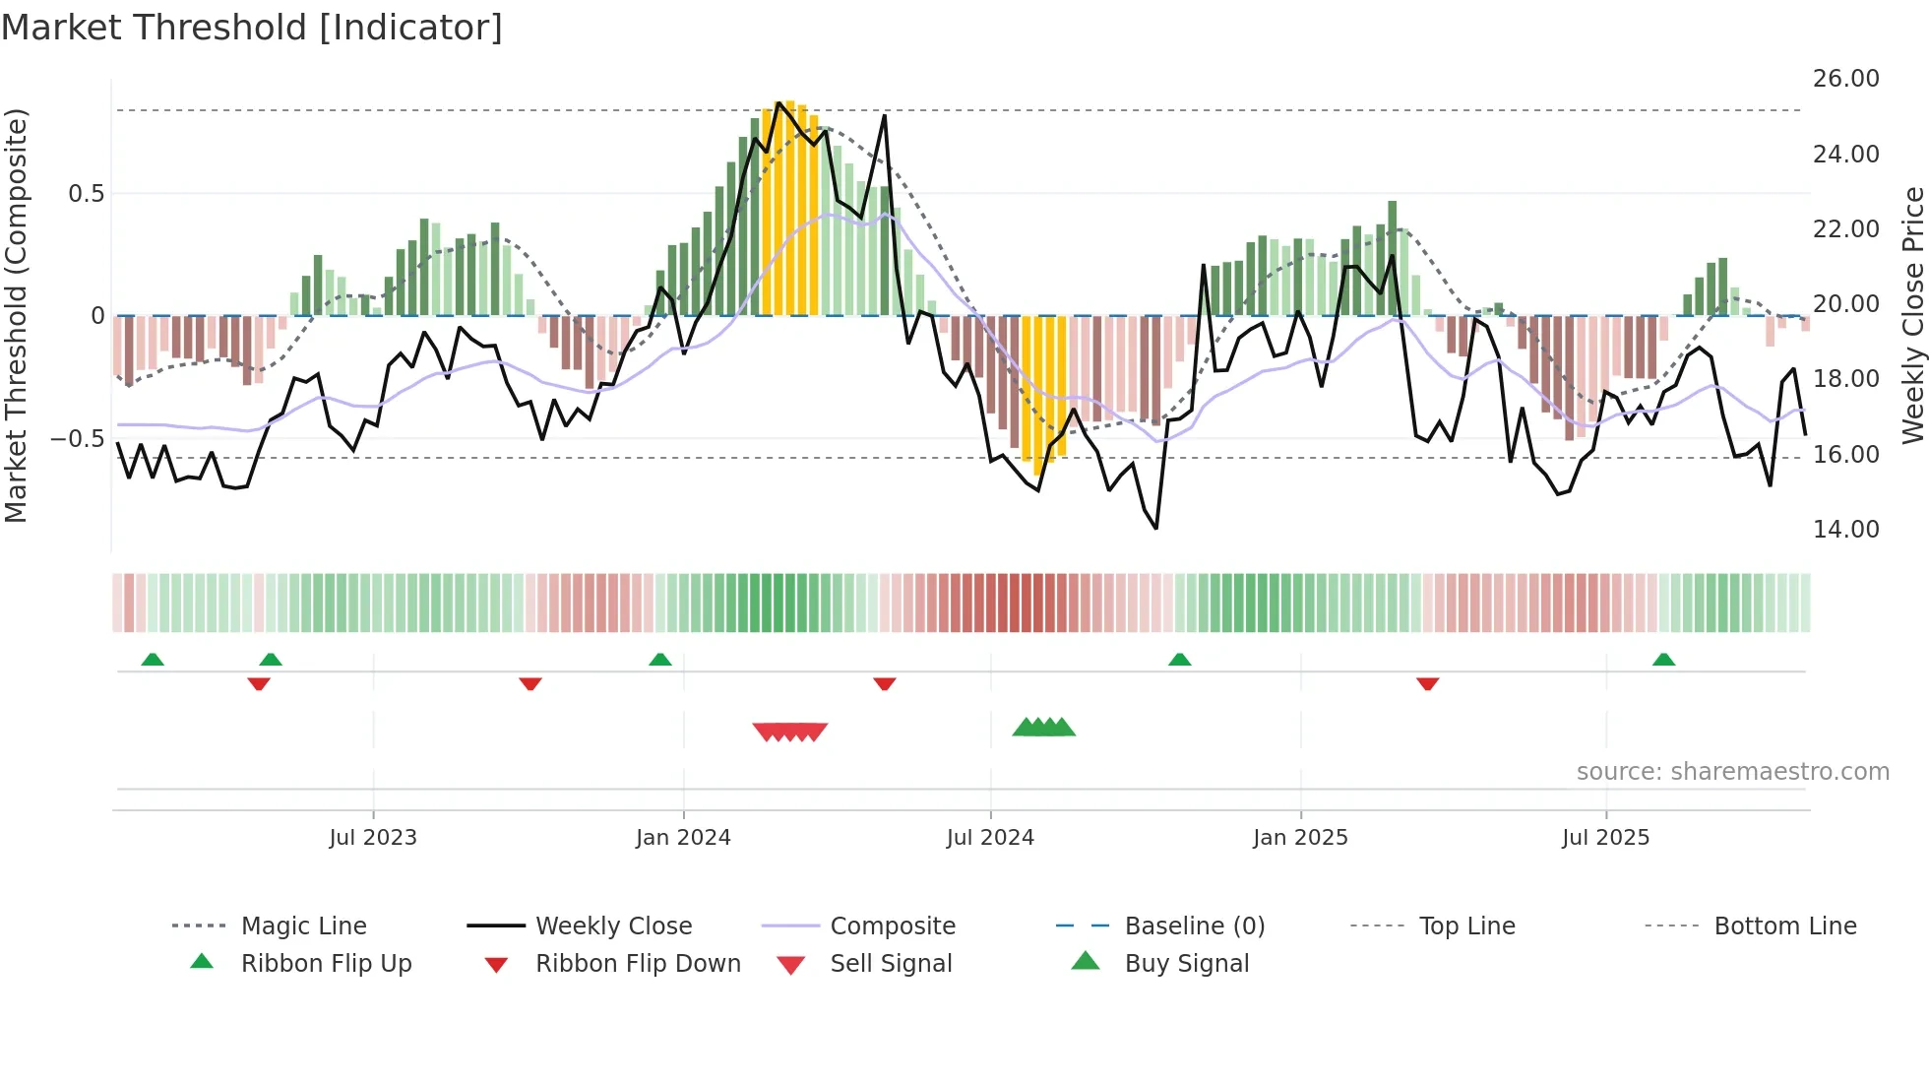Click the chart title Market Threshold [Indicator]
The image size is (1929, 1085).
click(252, 28)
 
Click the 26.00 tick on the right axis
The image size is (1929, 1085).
click(1845, 79)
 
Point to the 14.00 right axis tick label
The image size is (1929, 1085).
click(1845, 530)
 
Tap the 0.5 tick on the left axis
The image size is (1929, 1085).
click(86, 194)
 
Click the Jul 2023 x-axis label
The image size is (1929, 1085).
click(373, 838)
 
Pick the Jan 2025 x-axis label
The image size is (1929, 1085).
click(1300, 838)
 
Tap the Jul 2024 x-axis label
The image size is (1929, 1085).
click(990, 838)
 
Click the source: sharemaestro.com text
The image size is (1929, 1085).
click(1732, 772)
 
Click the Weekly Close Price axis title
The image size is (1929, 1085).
click(1912, 315)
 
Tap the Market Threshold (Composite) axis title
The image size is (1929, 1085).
click(16, 315)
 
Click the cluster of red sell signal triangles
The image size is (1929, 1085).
click(789, 732)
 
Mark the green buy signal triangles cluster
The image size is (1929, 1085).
click(1044, 728)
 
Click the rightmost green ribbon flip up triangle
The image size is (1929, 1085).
click(1663, 660)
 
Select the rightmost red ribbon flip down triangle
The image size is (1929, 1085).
click(1427, 683)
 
